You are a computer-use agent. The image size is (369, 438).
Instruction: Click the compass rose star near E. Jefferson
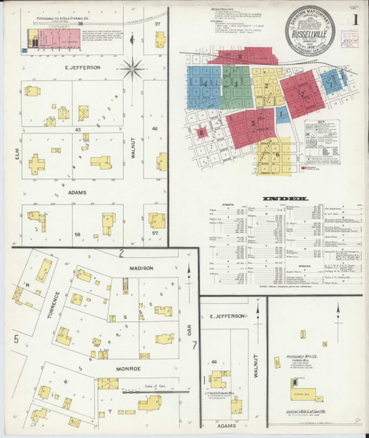(133, 70)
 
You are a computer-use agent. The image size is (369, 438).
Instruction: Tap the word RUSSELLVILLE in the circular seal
(310, 33)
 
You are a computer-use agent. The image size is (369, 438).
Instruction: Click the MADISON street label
(143, 268)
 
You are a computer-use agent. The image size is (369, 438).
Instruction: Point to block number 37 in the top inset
(157, 24)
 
